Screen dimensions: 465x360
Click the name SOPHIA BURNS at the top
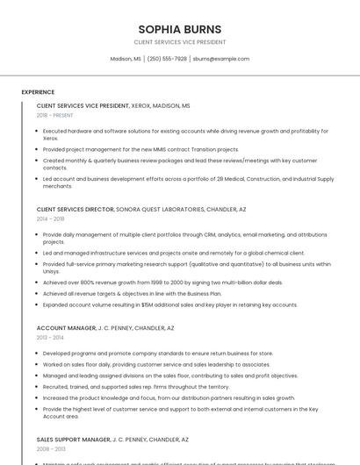click(x=179, y=29)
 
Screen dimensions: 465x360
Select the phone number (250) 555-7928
click(x=167, y=59)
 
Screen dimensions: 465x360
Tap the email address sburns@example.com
click(x=221, y=59)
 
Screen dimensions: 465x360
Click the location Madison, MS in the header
click(x=126, y=59)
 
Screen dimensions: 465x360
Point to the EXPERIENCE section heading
click(x=38, y=92)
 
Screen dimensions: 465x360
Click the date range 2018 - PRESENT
click(x=54, y=115)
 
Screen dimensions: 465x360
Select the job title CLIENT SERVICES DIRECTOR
click(x=76, y=210)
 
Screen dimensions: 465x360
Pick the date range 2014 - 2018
click(x=50, y=219)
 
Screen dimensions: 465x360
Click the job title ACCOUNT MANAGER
click(x=65, y=328)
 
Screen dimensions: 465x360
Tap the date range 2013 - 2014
click(x=50, y=338)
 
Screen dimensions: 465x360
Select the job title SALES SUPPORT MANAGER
click(x=73, y=439)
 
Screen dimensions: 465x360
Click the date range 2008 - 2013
click(x=50, y=448)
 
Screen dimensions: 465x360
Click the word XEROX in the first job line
click(x=141, y=105)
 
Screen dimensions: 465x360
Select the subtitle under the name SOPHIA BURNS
click(x=179, y=42)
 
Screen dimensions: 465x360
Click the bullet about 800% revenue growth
click(x=162, y=283)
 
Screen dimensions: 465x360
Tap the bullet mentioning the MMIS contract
click(x=140, y=149)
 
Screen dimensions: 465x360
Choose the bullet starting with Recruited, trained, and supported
click(x=136, y=386)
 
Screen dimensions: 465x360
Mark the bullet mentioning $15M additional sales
click(x=169, y=304)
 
